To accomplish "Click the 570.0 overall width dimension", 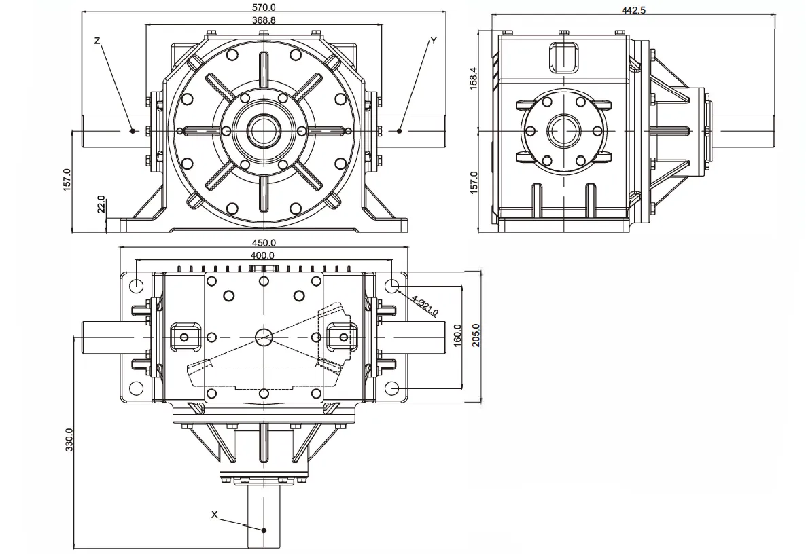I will click(263, 7).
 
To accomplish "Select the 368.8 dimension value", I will click(263, 21).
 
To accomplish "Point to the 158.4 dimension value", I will click(474, 78).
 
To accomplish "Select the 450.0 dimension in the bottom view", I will click(264, 242).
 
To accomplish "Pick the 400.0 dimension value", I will click(263, 255).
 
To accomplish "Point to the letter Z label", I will click(98, 41).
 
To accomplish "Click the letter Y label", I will click(434, 41).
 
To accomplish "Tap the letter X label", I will click(214, 515).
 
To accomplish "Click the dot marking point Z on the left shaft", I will click(133, 130).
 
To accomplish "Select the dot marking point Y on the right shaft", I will click(400, 130).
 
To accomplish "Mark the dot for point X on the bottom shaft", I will click(265, 530).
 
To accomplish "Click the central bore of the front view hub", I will click(263, 130).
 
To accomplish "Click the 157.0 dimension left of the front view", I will click(67, 180).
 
